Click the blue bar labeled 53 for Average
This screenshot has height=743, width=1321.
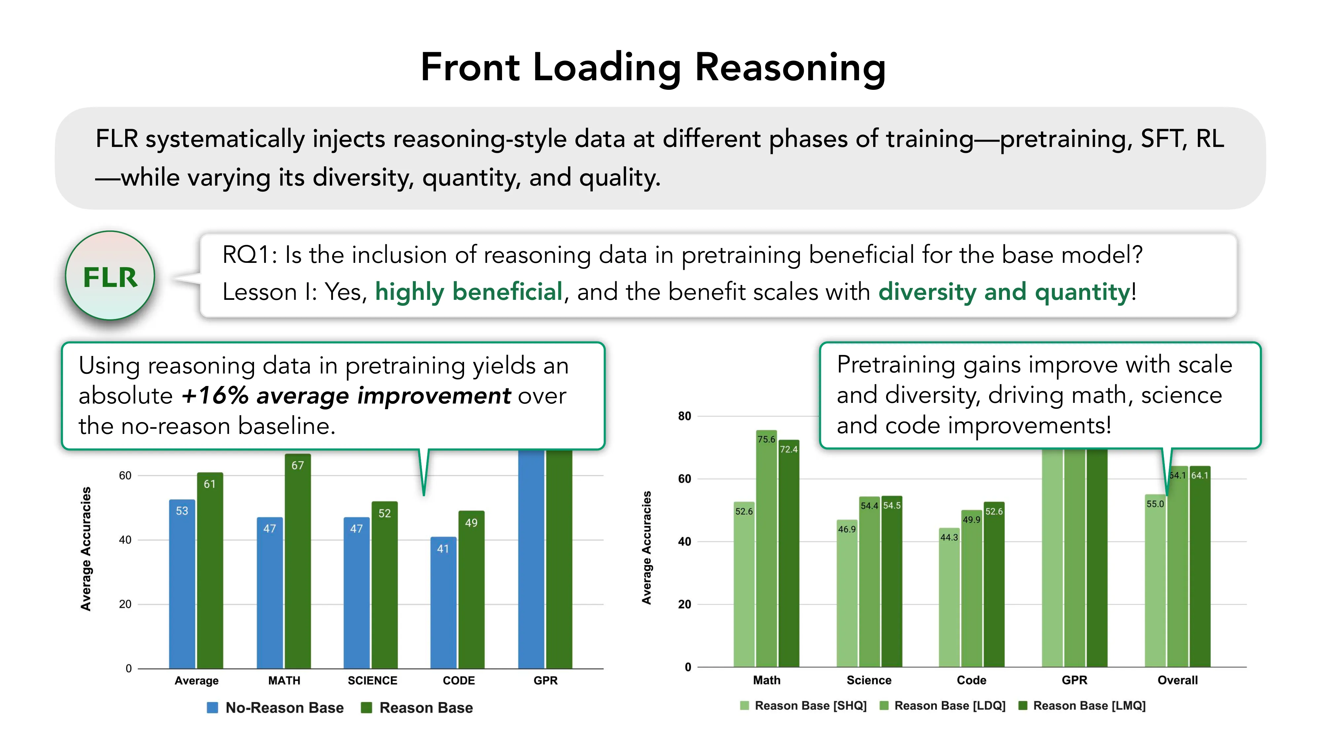(182, 584)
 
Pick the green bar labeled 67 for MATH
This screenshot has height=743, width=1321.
(298, 564)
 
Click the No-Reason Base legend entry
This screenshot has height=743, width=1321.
(275, 708)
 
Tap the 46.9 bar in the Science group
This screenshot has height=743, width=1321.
(847, 595)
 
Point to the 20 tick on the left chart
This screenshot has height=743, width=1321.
(125, 604)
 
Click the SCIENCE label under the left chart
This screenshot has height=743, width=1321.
(372, 681)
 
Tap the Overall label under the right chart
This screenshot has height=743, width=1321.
(1177, 680)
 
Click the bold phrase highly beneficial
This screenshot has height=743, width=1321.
(469, 292)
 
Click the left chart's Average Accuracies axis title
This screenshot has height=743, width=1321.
(86, 548)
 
